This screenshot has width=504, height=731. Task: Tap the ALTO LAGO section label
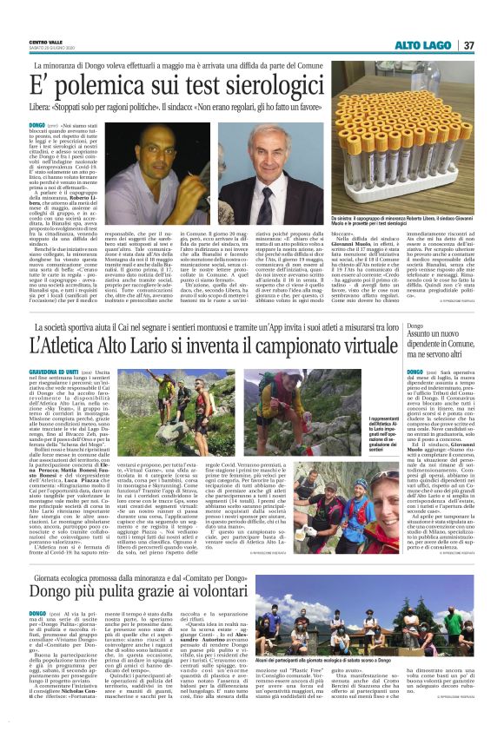coord(424,45)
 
